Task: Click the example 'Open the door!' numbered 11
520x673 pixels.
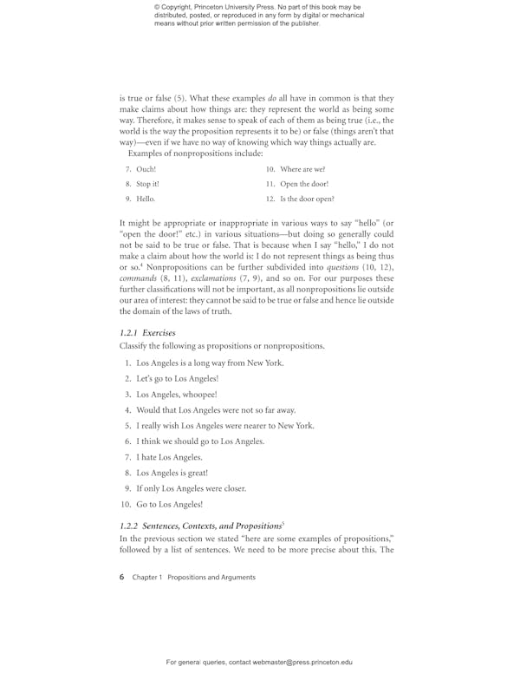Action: [304, 184]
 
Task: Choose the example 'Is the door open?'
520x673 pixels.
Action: [309, 199]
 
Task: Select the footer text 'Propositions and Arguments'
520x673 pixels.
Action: [211, 577]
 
